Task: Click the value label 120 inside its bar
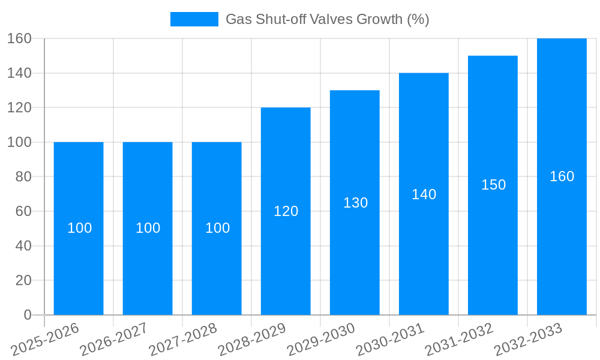pyautogui.click(x=286, y=211)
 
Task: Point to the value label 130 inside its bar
pyautogui.click(x=355, y=203)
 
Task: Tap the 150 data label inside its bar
pyautogui.click(x=493, y=185)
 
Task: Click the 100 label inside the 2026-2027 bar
pyautogui.click(x=148, y=228)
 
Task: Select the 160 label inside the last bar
pyautogui.click(x=562, y=176)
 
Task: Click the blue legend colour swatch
pyautogui.click(x=194, y=19)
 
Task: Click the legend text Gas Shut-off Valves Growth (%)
pyautogui.click(x=327, y=19)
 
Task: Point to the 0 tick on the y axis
pyautogui.click(x=27, y=315)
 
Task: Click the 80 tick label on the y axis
pyautogui.click(x=23, y=177)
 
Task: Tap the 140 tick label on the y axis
pyautogui.click(x=19, y=73)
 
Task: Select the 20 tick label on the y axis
pyautogui.click(x=23, y=280)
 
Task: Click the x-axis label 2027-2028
pyautogui.click(x=183, y=340)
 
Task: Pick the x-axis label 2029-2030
pyautogui.click(x=321, y=340)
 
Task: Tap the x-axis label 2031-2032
pyautogui.click(x=459, y=340)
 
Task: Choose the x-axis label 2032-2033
pyautogui.click(x=528, y=340)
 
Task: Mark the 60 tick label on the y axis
pyautogui.click(x=23, y=211)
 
